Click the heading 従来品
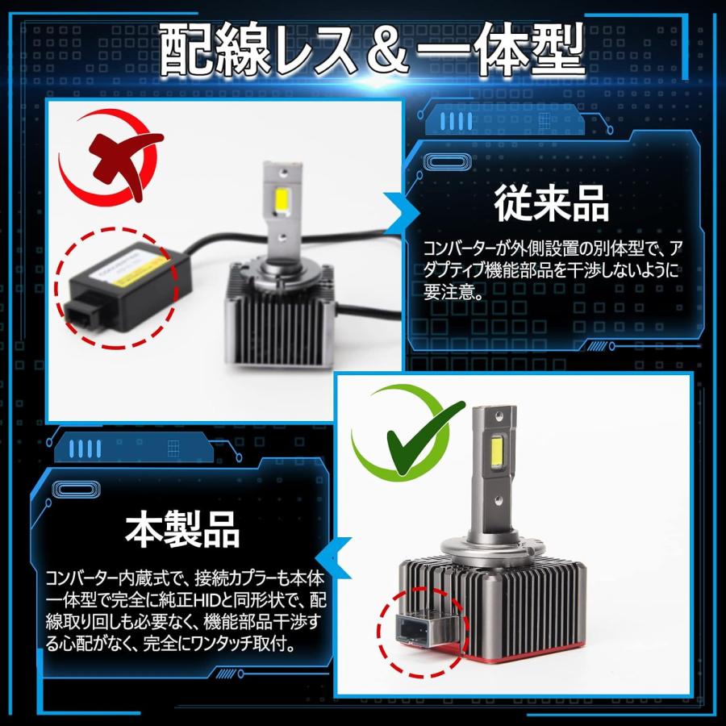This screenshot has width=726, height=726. (x=552, y=204)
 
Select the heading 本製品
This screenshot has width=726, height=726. (x=183, y=529)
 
